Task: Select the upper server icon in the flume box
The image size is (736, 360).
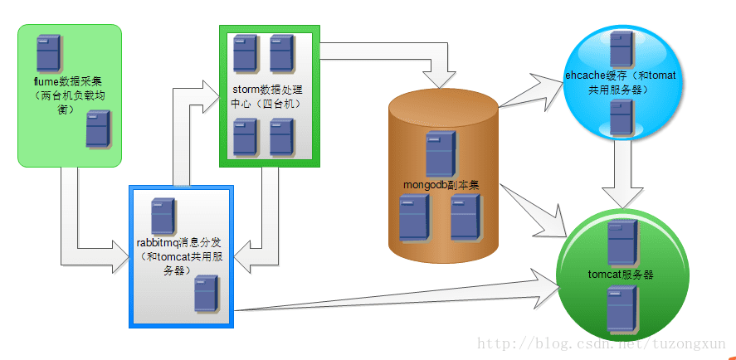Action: tap(48, 51)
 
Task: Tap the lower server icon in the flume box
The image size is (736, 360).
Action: tap(98, 129)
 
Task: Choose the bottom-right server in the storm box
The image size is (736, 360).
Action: tap(281, 136)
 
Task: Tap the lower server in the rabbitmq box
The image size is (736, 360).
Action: tap(206, 294)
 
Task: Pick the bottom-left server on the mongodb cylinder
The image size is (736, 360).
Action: tap(412, 217)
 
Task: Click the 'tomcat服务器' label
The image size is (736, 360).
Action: tap(620, 275)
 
